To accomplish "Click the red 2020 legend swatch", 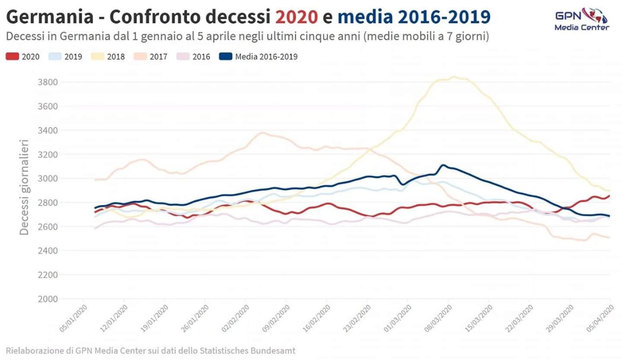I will [12, 57].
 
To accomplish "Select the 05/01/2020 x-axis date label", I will [73, 318].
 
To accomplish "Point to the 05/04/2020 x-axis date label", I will [601, 318].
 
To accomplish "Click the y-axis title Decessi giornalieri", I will [25, 187].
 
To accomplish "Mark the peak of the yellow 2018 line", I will [454, 76].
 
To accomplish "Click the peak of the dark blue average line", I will [443, 165].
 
